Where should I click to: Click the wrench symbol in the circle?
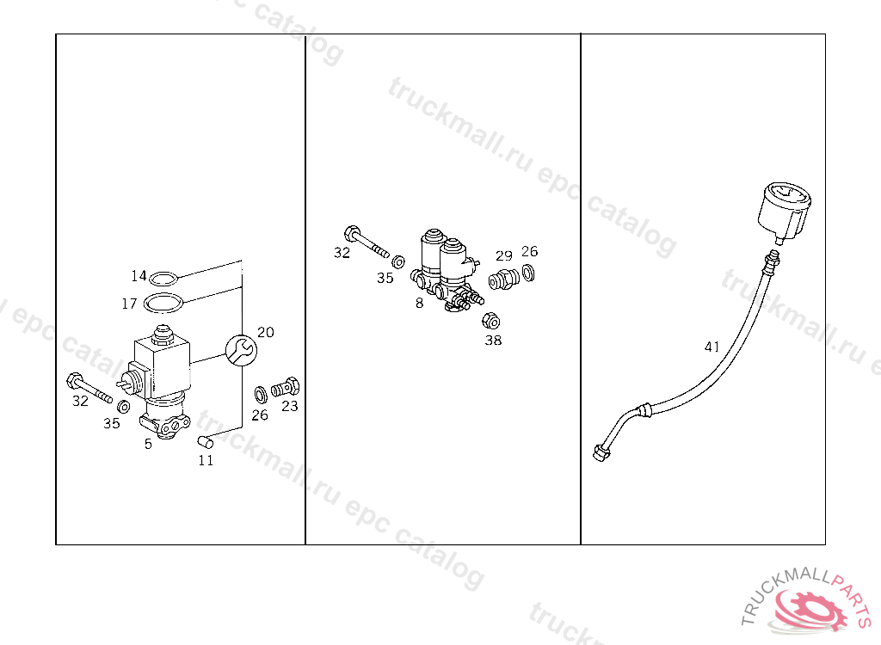[x=241, y=351]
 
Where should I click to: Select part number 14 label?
[x=139, y=276]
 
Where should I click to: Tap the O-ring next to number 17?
[x=163, y=303]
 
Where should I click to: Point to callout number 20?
[x=266, y=332]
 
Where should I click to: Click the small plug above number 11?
[x=205, y=442]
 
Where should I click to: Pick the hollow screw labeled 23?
[x=286, y=388]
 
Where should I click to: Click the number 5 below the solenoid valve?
[x=148, y=444]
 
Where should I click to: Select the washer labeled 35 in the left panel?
[x=124, y=406]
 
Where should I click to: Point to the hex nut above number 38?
[x=491, y=321]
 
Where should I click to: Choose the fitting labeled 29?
[x=503, y=279]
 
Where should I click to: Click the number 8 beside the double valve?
[x=419, y=304]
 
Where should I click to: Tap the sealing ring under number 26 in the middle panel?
[x=528, y=273]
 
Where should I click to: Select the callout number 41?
[x=712, y=347]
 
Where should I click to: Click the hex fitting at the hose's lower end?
[x=601, y=451]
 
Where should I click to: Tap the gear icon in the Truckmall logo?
[x=809, y=609]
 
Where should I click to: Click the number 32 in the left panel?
[x=80, y=401]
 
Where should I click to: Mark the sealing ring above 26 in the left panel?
[x=261, y=395]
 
